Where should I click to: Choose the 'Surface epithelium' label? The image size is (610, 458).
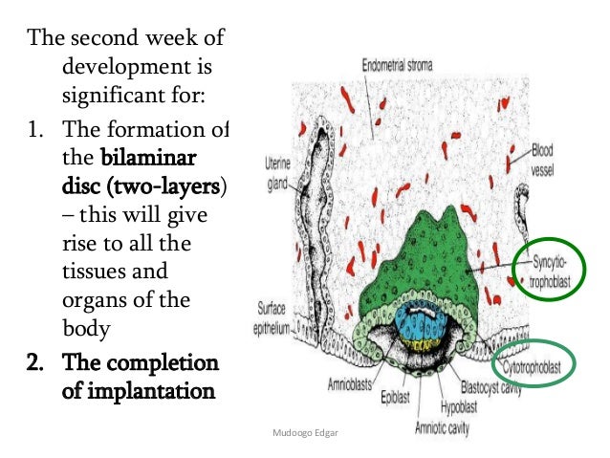tap(274, 316)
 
